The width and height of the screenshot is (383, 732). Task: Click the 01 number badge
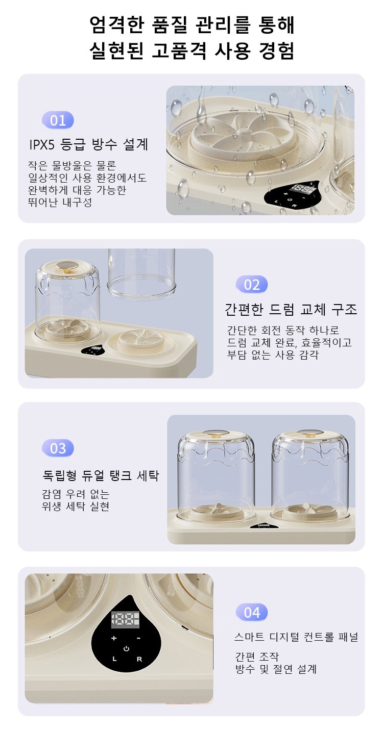tap(58, 120)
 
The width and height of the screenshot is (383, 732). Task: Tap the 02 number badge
tap(252, 285)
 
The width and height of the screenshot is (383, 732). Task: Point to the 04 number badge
tap(252, 612)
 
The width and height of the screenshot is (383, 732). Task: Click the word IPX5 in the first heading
tap(42, 144)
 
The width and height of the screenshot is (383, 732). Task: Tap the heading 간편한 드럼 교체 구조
tap(291, 309)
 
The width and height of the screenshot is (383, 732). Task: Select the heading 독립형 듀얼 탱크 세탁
tap(101, 475)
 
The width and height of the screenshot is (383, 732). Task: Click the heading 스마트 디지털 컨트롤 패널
tap(296, 637)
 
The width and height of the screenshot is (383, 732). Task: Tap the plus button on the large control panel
tap(114, 638)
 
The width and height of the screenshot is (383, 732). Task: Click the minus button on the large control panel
tap(138, 638)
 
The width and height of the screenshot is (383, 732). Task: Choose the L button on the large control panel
tap(114, 659)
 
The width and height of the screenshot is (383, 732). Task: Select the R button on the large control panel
tap(139, 659)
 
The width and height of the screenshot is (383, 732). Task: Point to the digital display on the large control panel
tap(125, 619)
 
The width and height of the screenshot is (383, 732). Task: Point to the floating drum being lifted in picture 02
tap(141, 273)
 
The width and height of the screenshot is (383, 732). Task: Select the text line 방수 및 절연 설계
tap(276, 669)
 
